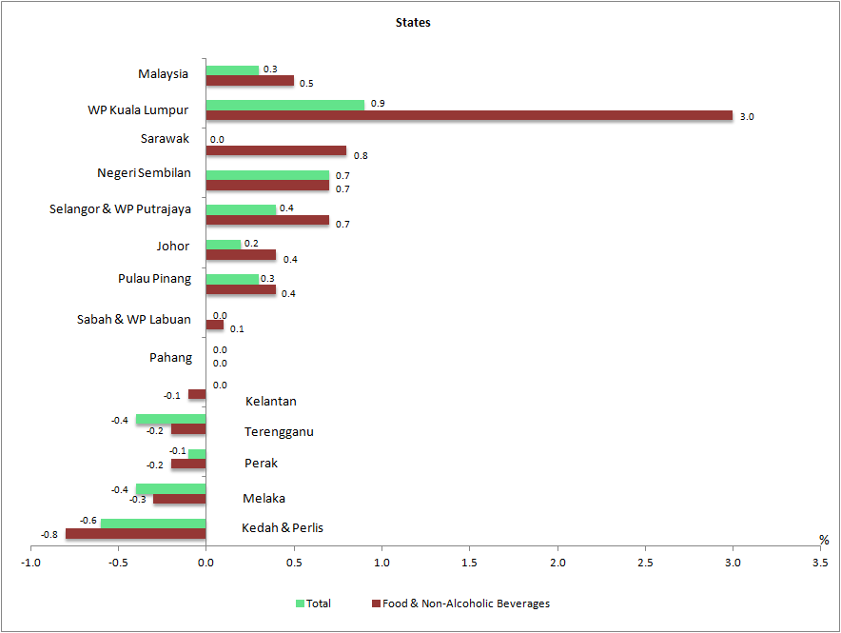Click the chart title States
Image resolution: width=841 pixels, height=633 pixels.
pos(413,22)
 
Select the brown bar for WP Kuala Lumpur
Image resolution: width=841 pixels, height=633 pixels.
pos(469,116)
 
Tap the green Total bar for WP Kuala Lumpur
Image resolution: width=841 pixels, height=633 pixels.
pos(285,104)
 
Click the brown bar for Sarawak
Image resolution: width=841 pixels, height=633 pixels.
pos(276,150)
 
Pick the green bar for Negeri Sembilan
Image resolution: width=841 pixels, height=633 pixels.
pos(267,175)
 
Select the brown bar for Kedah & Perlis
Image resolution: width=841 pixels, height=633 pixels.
pos(135,534)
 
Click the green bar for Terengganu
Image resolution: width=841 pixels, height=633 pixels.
pos(170,420)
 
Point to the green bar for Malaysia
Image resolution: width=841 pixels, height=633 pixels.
pos(232,70)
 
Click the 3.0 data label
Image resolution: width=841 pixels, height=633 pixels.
pos(747,117)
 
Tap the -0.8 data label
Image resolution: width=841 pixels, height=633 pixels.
pos(49,535)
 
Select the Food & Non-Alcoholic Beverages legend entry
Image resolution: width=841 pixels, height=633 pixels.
pos(465,603)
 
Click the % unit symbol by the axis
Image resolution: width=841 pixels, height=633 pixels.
pos(824,540)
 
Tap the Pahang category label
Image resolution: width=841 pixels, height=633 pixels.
pos(170,358)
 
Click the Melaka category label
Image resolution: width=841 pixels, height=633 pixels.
pos(264,498)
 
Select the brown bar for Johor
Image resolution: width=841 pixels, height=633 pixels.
pos(241,254)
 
